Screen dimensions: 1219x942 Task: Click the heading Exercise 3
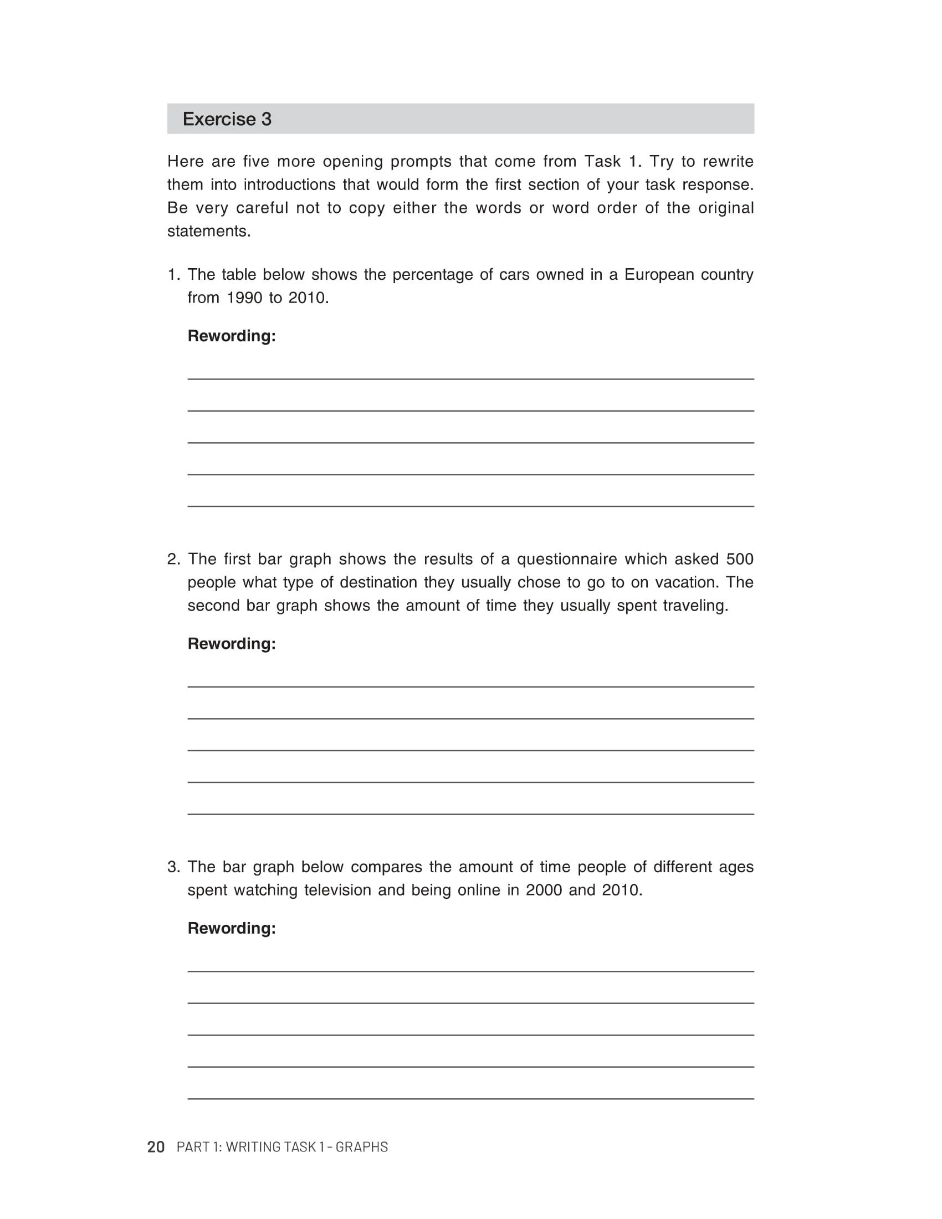click(227, 119)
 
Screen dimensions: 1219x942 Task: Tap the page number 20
click(156, 1146)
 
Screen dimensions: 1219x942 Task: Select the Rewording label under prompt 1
click(232, 336)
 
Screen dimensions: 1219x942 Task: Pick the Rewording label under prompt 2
click(232, 643)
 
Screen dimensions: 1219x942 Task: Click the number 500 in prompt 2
click(739, 559)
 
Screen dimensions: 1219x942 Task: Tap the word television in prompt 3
click(337, 890)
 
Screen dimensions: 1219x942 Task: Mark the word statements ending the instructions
click(209, 231)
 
